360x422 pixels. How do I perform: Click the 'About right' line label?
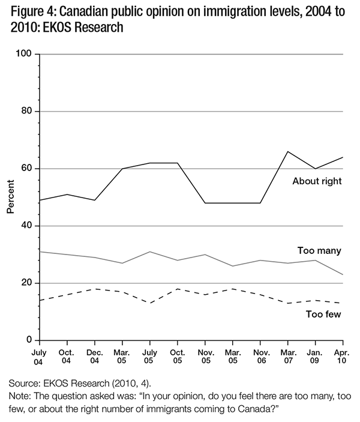316,181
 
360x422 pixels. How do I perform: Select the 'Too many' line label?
319,250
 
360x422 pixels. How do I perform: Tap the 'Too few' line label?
322,313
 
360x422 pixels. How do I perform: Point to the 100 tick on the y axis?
26,55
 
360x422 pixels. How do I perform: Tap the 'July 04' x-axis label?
38,355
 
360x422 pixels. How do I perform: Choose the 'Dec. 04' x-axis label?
94,355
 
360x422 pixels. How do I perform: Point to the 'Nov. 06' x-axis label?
260,355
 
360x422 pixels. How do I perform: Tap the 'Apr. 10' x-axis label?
342,355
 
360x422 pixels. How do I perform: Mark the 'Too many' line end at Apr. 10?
343,274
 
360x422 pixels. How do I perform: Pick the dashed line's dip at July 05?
149,303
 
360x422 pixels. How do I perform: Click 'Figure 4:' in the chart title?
34,12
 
